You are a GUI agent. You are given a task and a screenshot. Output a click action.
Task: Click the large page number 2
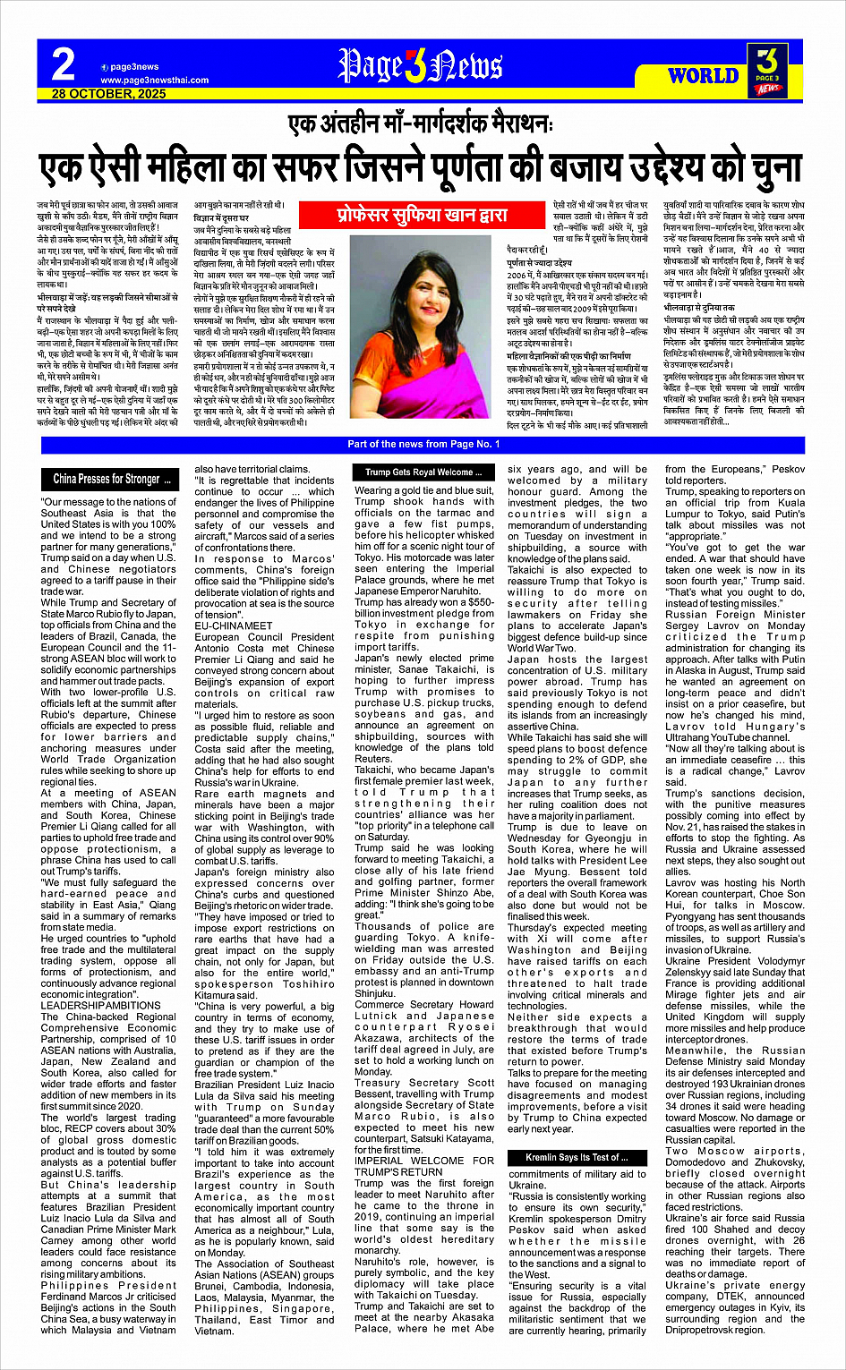pos(63,64)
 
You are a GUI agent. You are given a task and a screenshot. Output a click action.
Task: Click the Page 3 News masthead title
pos(420,67)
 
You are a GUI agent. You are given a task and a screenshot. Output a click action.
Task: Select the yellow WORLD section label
pos(703,75)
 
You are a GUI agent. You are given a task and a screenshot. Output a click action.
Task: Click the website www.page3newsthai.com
pos(154,80)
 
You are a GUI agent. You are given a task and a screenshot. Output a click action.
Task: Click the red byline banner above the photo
pos(422,215)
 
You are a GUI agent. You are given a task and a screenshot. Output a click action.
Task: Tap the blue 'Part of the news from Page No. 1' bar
pos(423,444)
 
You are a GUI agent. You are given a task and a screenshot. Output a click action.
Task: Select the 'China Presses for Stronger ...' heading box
pos(111,479)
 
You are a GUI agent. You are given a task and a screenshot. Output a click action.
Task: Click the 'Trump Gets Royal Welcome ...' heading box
pos(423,472)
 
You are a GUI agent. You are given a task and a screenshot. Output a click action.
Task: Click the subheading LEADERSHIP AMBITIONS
pos(100,1005)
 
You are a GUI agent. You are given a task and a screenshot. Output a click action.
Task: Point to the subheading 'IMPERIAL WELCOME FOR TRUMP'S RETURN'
pos(423,1166)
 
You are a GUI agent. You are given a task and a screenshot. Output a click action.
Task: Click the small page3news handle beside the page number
pos(134,67)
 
